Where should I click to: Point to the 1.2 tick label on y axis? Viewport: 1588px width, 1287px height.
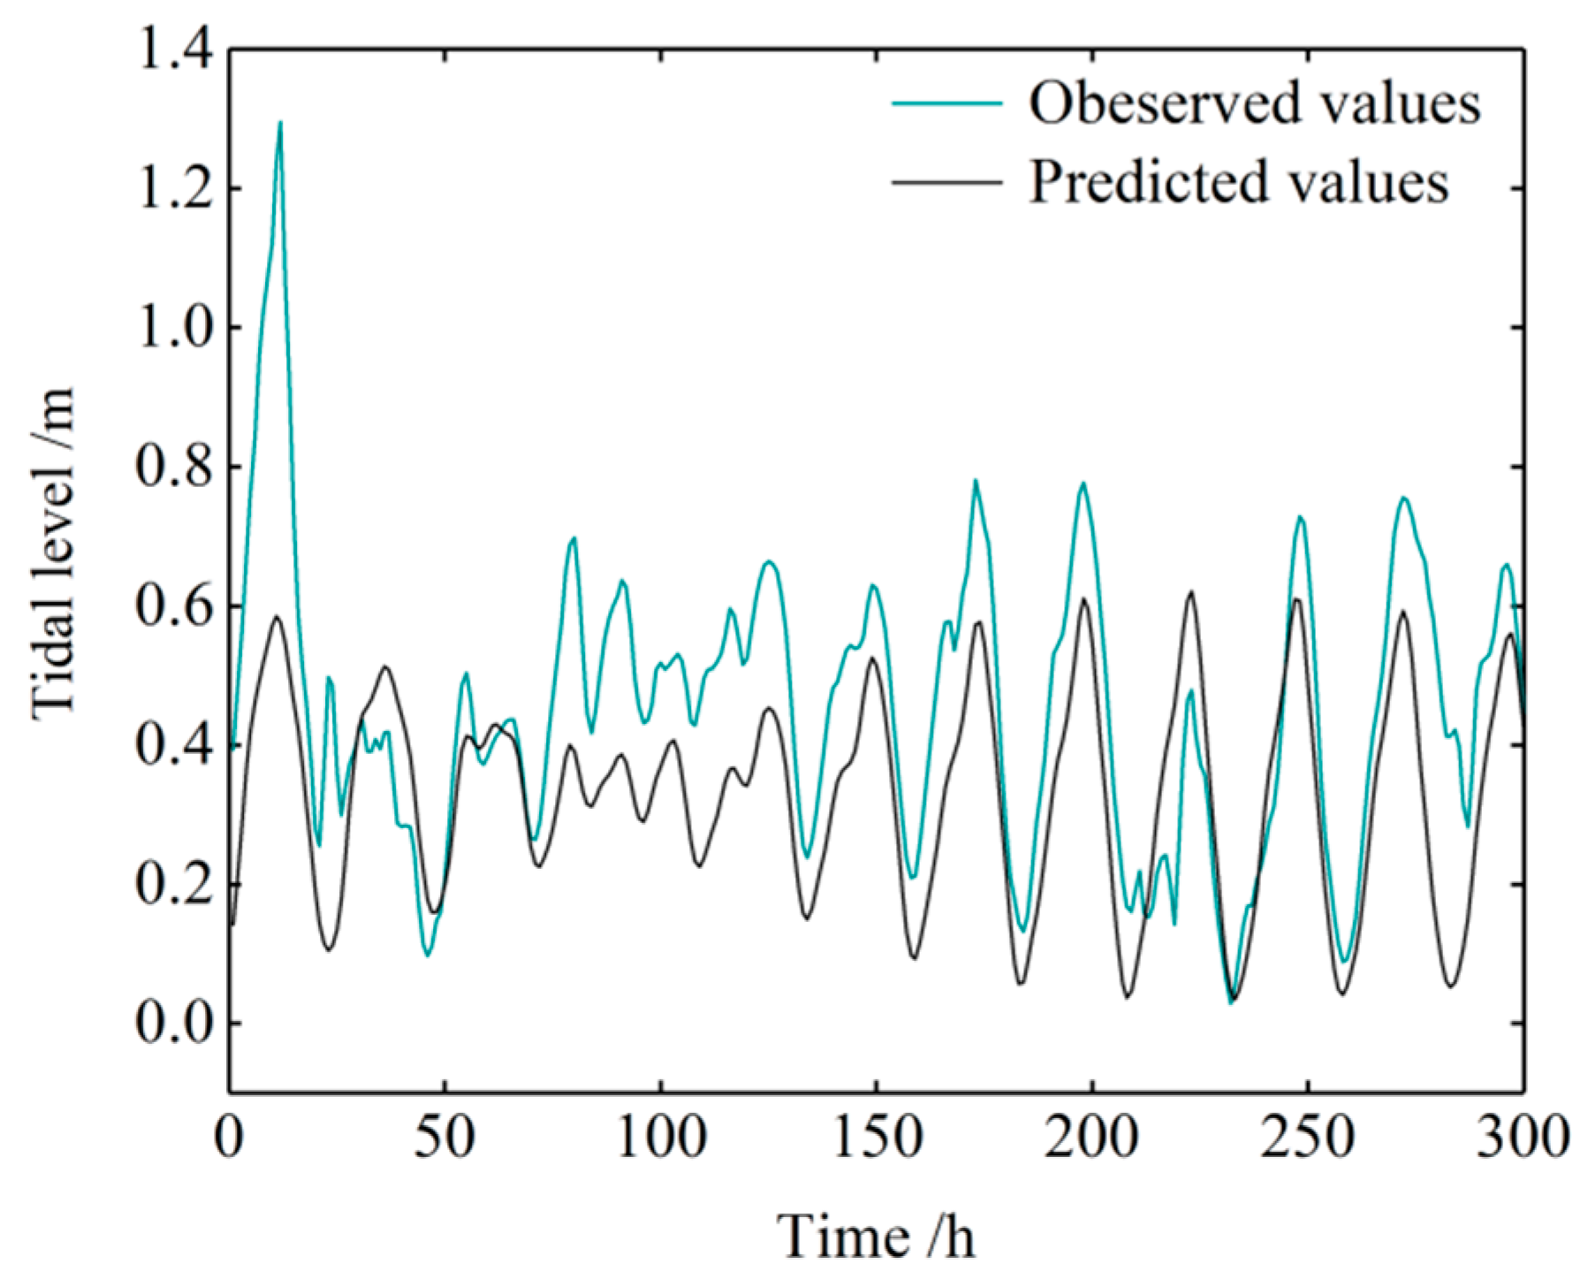[x=173, y=189]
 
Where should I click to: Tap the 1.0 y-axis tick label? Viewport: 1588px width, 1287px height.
[x=173, y=328]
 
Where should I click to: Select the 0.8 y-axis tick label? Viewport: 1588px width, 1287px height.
[x=173, y=467]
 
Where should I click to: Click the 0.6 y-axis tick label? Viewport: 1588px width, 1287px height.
[x=173, y=606]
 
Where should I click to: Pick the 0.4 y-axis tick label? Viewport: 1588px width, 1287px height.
[x=173, y=745]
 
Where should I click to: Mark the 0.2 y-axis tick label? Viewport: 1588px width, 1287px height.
[x=173, y=884]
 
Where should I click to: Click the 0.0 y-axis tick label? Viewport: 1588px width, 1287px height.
[x=173, y=1024]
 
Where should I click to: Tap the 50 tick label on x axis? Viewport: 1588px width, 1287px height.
[x=444, y=1138]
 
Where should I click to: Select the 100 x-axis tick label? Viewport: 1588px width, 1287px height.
[x=660, y=1138]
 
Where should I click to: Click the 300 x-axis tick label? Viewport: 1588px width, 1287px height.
[x=1523, y=1138]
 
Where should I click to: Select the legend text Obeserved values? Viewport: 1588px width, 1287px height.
[x=1254, y=103]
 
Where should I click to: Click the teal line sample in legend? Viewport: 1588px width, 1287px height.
[x=946, y=103]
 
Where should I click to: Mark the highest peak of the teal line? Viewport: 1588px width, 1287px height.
[x=280, y=123]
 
